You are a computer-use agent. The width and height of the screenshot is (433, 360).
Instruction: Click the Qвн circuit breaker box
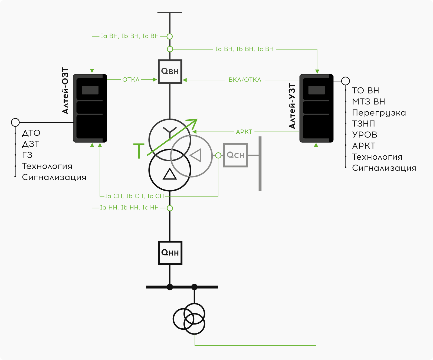tap(170, 71)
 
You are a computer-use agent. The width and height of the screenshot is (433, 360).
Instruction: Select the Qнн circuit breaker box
tap(170, 253)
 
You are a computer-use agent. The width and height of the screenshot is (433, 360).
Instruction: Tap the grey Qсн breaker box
tap(235, 155)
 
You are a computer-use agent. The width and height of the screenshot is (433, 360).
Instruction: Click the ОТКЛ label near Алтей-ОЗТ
tap(131, 80)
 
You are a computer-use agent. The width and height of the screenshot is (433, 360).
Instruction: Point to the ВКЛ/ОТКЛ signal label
tap(245, 80)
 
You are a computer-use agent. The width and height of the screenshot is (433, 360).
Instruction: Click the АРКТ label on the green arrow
tap(244, 132)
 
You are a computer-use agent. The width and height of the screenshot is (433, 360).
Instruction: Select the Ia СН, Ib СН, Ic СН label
tap(135, 196)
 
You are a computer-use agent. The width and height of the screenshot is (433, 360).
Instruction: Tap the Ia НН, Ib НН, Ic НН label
tap(129, 208)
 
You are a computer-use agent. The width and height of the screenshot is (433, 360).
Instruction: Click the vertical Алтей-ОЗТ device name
tap(65, 91)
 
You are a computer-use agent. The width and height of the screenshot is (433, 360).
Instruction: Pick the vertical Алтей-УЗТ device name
tap(292, 106)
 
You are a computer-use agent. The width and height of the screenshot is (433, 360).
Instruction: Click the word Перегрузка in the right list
tap(379, 113)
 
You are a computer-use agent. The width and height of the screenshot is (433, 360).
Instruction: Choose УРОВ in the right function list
tap(365, 135)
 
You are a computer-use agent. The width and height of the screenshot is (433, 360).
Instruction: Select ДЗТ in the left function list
tap(31, 144)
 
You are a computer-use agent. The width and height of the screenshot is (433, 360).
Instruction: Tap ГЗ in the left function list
tap(27, 155)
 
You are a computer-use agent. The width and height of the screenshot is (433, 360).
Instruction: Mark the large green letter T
tap(139, 151)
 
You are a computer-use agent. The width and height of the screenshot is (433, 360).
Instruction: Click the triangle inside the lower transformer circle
tap(170, 174)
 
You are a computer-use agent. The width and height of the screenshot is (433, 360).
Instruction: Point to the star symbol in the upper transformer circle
tap(170, 131)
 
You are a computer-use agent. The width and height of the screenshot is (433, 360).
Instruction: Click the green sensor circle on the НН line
tap(170, 208)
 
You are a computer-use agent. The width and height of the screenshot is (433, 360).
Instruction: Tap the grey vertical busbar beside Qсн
tap(260, 164)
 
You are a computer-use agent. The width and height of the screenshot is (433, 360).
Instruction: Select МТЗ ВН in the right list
tap(368, 102)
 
